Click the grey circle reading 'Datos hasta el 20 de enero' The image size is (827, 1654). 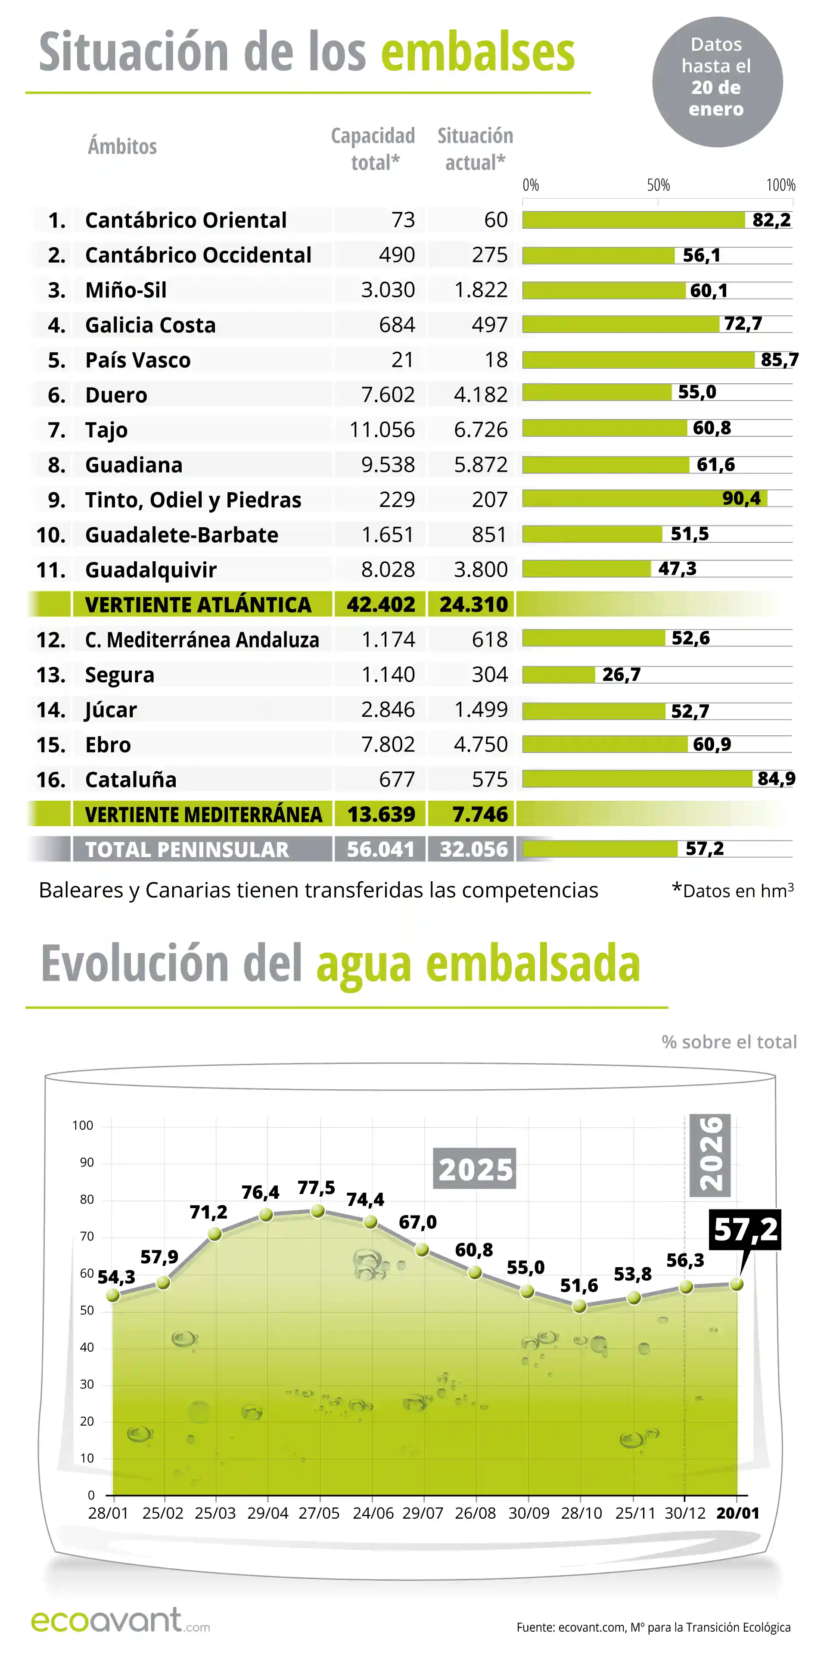(717, 81)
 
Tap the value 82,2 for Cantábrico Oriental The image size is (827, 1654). (771, 220)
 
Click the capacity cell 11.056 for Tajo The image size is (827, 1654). (382, 429)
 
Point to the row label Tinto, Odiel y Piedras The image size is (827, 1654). (193, 500)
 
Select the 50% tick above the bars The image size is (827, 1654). (658, 186)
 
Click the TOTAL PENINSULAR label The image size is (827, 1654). (187, 849)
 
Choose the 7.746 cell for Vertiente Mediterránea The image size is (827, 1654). (480, 814)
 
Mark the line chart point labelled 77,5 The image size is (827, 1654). (317, 1211)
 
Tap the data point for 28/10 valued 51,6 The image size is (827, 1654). (579, 1306)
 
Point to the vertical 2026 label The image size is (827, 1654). (710, 1154)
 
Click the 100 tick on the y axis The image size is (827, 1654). (83, 1125)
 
